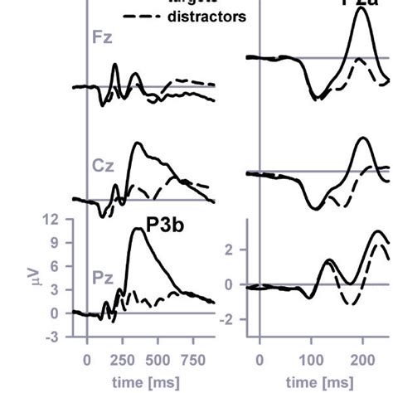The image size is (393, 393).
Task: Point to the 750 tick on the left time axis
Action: (192, 359)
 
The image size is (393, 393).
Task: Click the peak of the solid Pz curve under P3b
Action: (138, 228)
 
